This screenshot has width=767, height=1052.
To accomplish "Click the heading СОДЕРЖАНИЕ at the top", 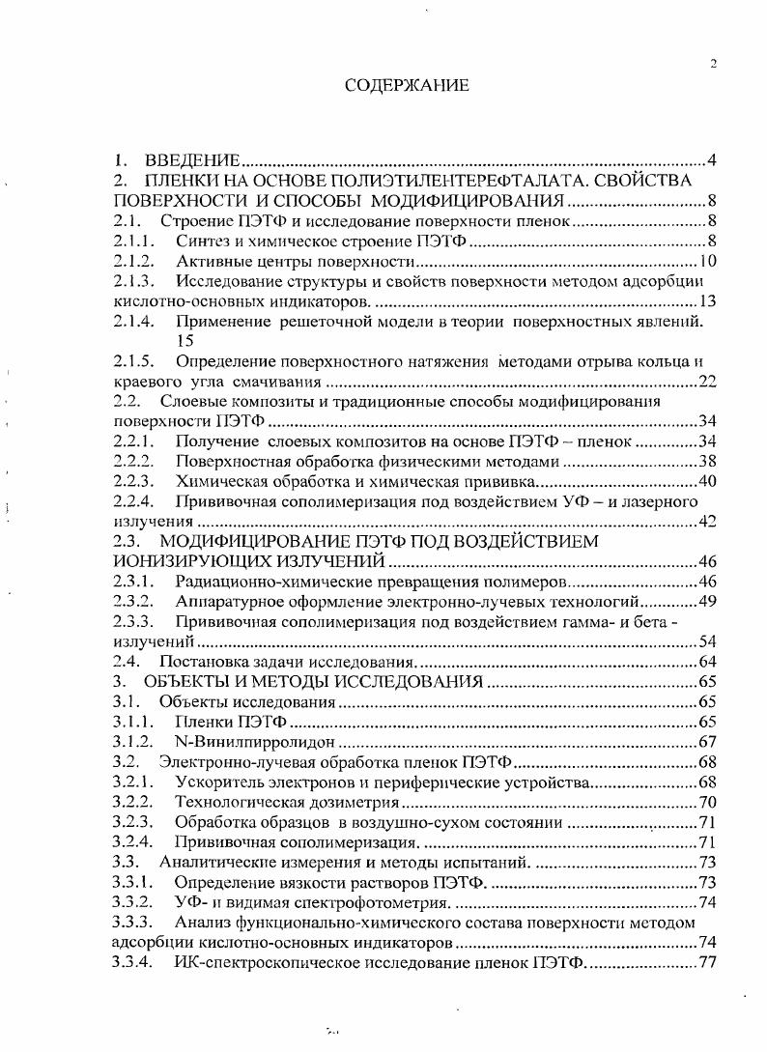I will [407, 86].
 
